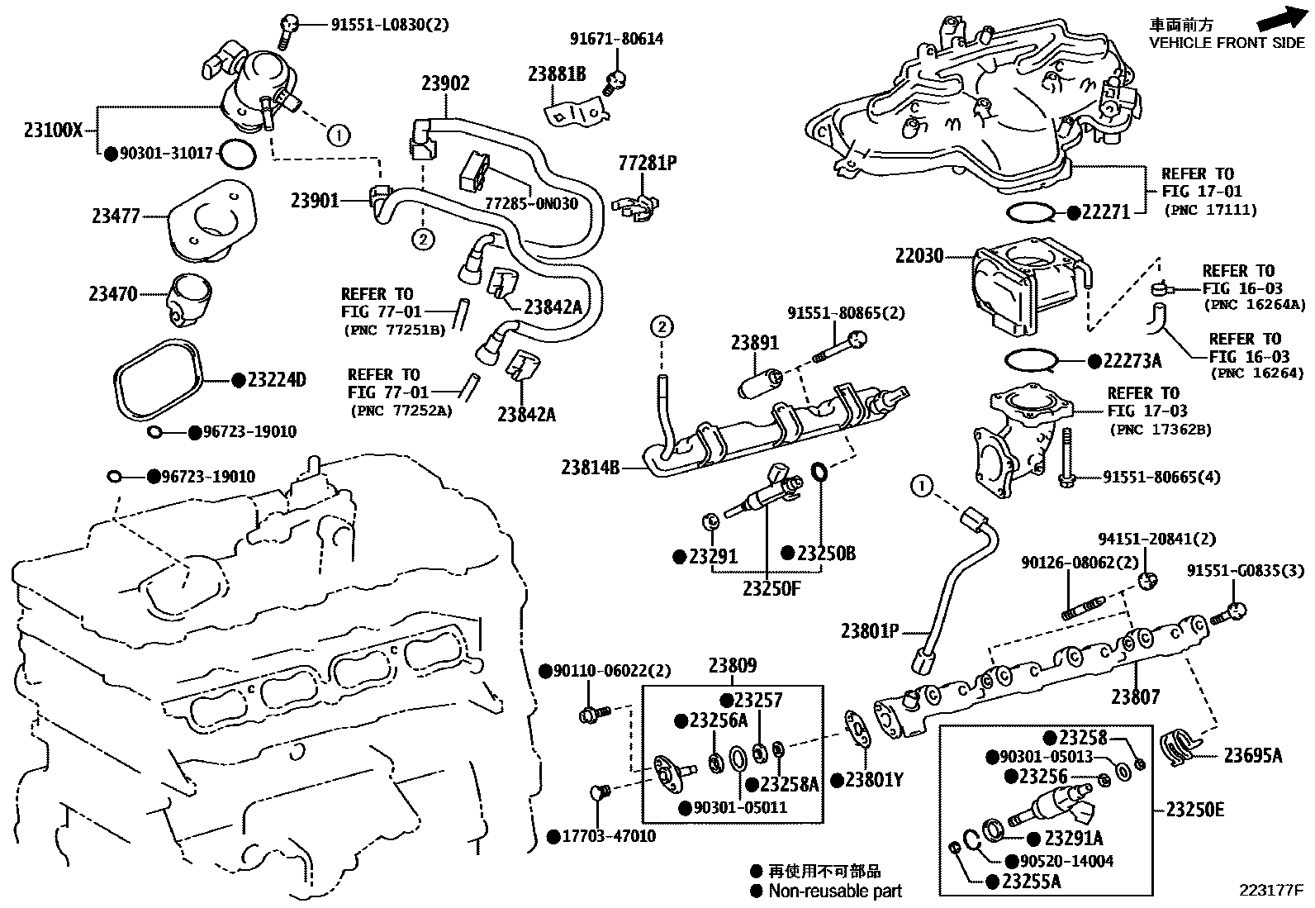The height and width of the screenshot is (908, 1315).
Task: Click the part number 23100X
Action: pos(53,130)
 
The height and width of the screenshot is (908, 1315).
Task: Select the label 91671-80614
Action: pos(616,39)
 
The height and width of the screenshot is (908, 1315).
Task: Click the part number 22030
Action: pos(919,256)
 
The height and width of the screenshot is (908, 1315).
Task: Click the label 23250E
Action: pos(1194,809)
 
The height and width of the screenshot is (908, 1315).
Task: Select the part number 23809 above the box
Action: pos(732,666)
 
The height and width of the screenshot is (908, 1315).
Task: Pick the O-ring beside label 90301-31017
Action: pos(238,153)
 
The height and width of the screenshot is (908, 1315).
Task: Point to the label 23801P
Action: pos(869,631)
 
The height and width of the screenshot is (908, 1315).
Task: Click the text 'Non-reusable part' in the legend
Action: pos(834,891)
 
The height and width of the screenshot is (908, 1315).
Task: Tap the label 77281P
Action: pos(648,163)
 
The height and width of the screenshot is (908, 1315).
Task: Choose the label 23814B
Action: pos(590,468)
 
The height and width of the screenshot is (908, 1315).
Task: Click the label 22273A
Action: pos(1132,361)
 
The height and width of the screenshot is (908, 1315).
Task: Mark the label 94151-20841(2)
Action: pos(1156,539)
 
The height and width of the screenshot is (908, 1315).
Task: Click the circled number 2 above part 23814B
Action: pos(661,326)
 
